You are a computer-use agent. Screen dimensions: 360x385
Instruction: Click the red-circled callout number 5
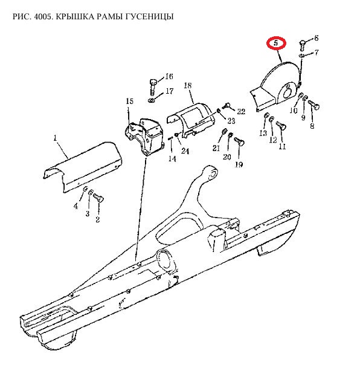[276, 44]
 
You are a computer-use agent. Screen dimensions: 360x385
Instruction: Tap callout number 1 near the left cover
[55, 138]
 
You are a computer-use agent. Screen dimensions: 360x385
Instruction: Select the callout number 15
[130, 101]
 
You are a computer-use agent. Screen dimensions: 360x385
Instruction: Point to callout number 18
[187, 85]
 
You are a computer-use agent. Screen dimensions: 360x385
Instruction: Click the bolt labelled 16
[153, 87]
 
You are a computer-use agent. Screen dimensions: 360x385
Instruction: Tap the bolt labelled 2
[98, 198]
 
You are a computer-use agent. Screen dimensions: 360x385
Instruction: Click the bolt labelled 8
[314, 105]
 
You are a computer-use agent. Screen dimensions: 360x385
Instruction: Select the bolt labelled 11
[281, 125]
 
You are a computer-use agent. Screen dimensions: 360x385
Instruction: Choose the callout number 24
[185, 150]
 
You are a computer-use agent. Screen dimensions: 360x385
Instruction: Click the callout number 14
[172, 158]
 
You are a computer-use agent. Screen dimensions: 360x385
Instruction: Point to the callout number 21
[216, 148]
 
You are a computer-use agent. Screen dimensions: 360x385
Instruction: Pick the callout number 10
[294, 111]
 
